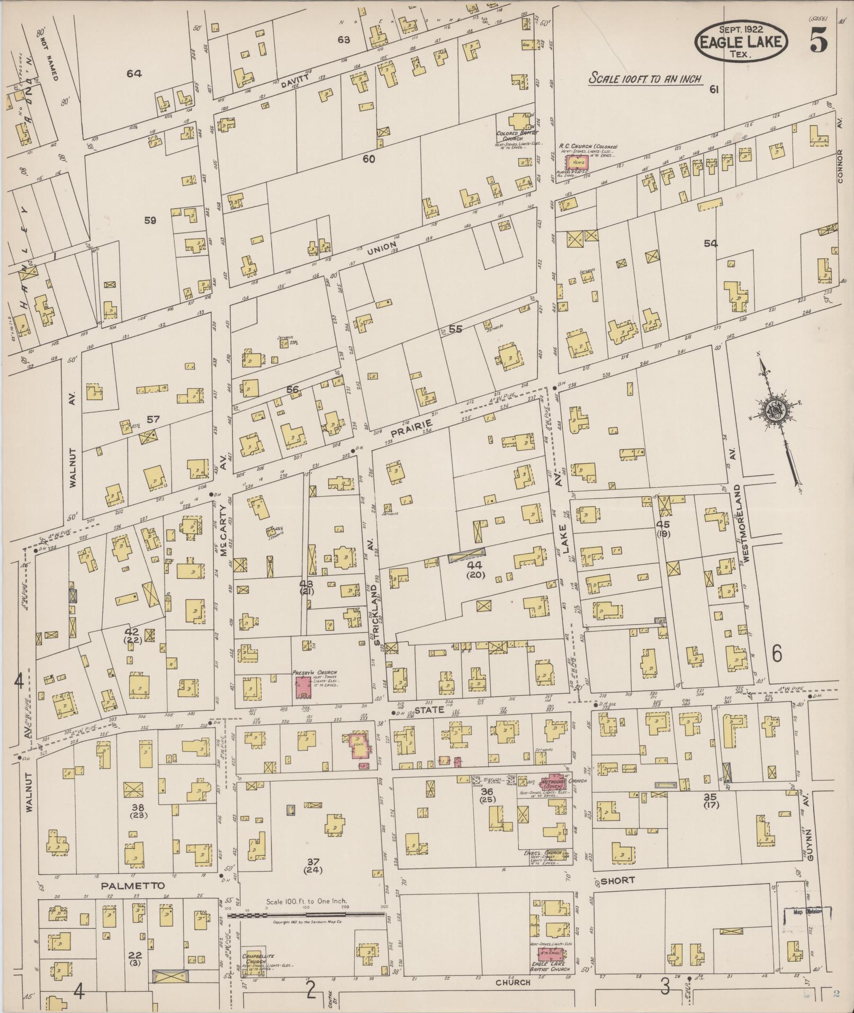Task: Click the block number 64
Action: pos(133,74)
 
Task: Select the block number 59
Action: pos(150,221)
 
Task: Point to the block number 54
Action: pos(711,243)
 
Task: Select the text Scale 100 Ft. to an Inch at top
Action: pos(645,79)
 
